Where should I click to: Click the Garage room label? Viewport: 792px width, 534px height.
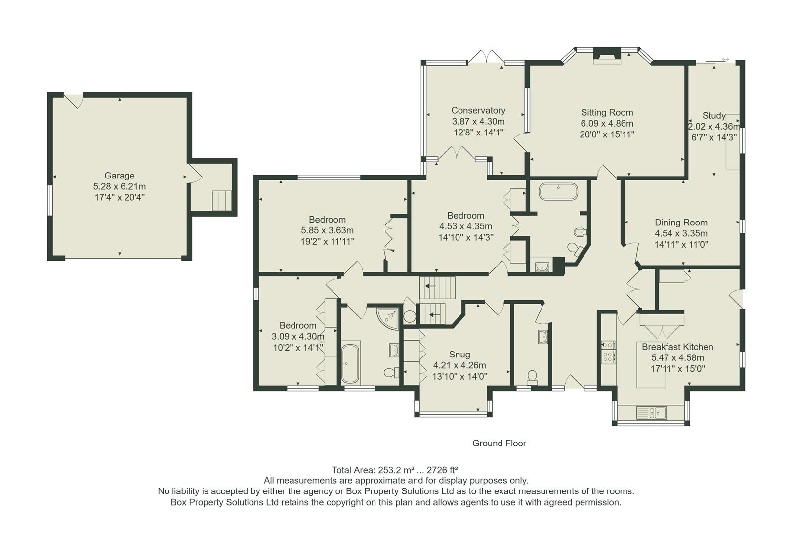119,176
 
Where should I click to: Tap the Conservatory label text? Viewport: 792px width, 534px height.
478,111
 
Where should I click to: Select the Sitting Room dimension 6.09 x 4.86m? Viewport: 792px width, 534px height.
607,124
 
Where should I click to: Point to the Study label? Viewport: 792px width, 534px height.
713,116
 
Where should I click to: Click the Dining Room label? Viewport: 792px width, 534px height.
681,222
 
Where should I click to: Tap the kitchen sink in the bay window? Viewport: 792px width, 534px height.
651,412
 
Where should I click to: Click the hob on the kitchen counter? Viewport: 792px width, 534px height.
608,351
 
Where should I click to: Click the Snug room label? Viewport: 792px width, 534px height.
459,355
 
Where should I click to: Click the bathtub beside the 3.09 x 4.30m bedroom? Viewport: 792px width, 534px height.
350,364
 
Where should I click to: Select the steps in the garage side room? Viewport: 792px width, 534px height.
222,201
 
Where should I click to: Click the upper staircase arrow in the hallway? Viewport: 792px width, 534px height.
431,286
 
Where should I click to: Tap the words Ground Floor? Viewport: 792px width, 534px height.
499,443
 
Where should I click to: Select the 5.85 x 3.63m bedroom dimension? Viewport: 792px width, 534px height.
327,230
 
